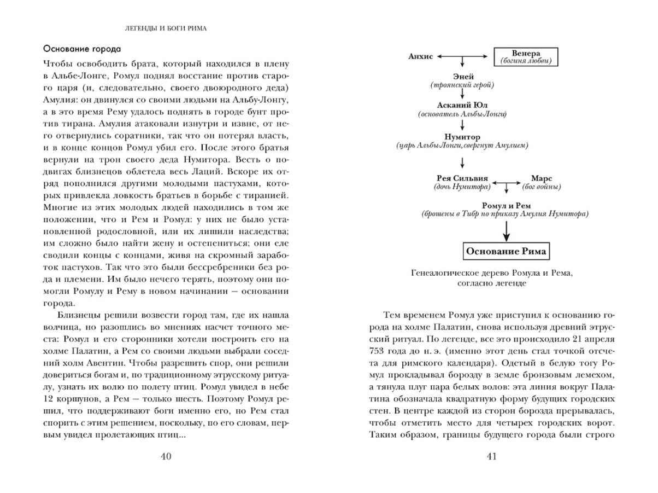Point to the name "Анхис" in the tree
point(421,56)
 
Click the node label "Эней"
point(463,77)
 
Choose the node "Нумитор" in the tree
point(462,137)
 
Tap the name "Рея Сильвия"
point(462,179)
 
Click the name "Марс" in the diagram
point(542,179)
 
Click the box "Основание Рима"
point(507,252)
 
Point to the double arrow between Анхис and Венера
point(463,56)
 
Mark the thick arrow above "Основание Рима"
point(507,230)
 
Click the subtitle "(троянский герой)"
point(462,85)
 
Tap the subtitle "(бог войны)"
point(542,187)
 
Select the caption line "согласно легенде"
point(490,283)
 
